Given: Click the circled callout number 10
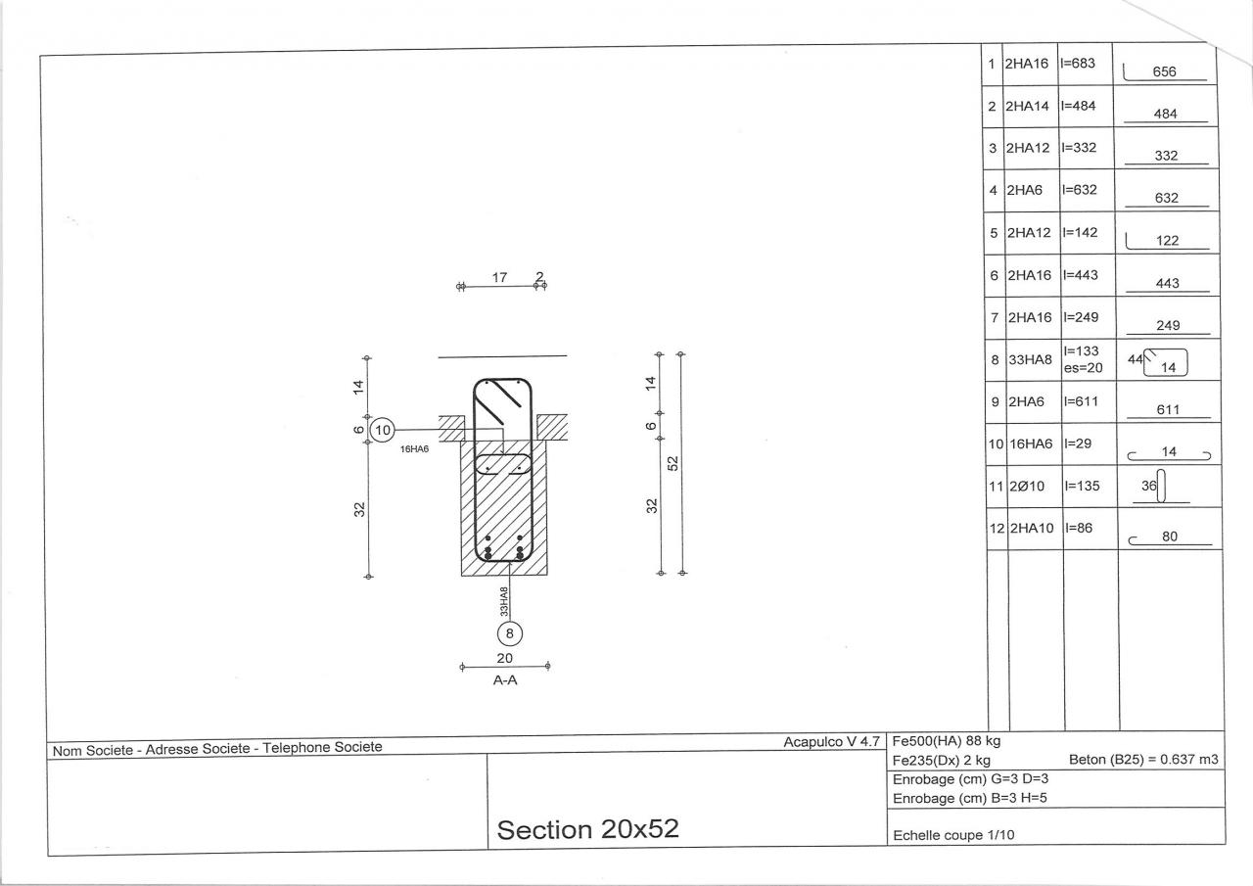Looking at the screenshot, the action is pos(383,430).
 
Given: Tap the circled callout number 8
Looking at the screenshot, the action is pos(509,633).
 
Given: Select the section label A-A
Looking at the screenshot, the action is pos(505,680).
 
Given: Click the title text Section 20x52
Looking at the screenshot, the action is pos(588,829).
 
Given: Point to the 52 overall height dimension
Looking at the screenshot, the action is pos(673,463).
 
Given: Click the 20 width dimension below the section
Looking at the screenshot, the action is pos(504,658).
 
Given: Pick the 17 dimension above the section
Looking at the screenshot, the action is pos(499,277).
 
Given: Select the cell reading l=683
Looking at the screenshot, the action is pos(1078,64).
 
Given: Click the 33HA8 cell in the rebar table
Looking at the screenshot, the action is pos(1031,359).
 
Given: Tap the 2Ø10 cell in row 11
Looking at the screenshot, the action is pos(1027,486).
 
